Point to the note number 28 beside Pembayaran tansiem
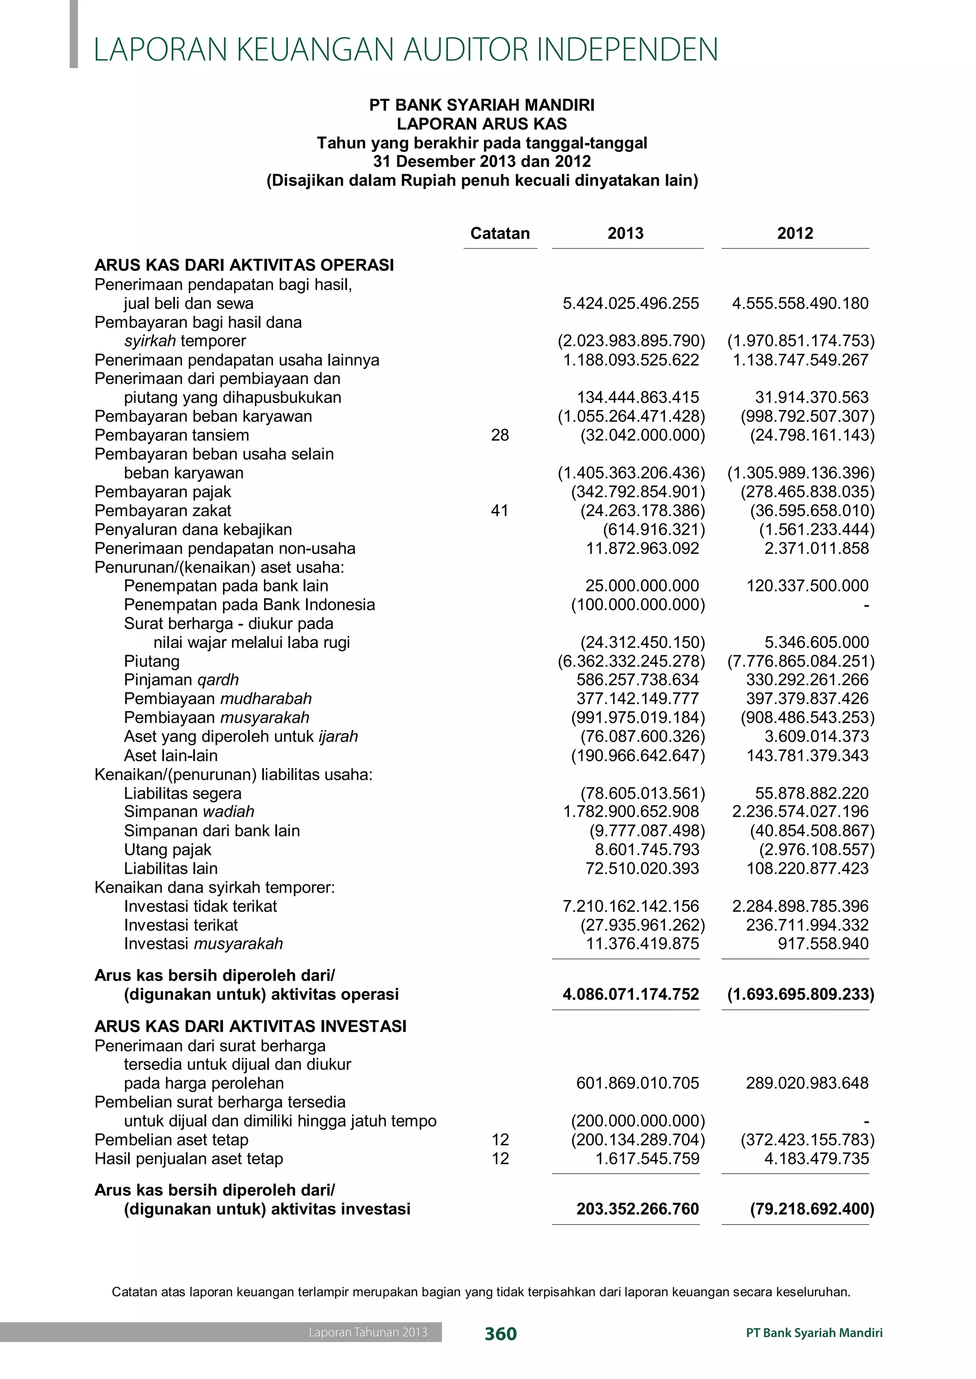(499, 435)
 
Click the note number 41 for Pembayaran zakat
(499, 510)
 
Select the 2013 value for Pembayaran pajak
(638, 492)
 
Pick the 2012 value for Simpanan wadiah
(800, 811)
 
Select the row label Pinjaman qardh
(181, 680)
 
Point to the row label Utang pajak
(168, 849)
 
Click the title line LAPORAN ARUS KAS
(481, 124)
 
